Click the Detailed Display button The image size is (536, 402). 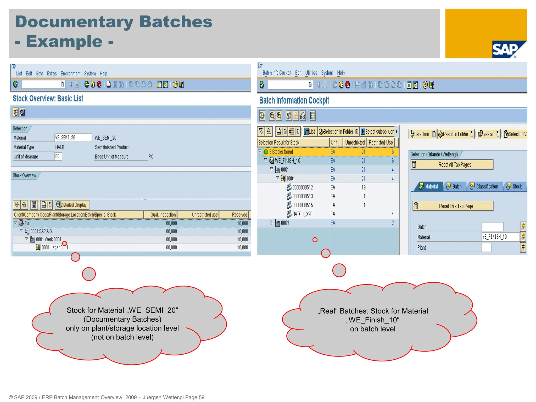[72, 205]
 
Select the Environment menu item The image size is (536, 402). [70, 74]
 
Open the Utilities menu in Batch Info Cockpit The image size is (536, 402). [311, 73]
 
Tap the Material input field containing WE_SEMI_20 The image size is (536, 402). [73, 138]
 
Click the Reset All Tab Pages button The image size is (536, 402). [452, 165]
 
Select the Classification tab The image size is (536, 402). [484, 186]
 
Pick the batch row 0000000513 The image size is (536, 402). [302, 196]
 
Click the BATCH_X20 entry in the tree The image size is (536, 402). [302, 214]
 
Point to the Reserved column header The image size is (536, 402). [239, 215]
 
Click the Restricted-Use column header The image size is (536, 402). [381, 142]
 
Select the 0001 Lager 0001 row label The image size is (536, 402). [55, 247]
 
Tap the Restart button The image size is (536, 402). [488, 134]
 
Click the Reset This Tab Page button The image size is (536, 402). [453, 206]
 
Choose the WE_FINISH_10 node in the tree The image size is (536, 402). [287, 161]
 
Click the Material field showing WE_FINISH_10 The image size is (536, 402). [500, 237]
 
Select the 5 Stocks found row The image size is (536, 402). [281, 152]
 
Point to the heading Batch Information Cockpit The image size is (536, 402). [294, 100]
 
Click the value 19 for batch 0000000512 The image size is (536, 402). [364, 187]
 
